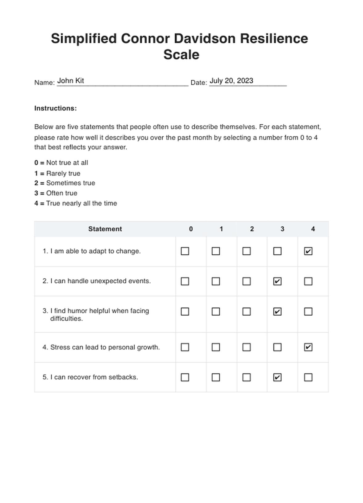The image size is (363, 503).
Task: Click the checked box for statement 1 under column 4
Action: point(308,251)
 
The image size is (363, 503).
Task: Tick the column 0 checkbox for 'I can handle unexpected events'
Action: point(185,281)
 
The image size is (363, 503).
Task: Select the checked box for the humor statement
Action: point(277,312)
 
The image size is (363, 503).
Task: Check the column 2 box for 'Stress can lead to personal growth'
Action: point(246,347)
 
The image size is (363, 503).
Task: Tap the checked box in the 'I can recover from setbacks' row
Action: point(277,377)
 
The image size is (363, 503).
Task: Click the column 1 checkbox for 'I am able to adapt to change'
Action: point(216,251)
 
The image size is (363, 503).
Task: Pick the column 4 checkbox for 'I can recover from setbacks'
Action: point(308,377)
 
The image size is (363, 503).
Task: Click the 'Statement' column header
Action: point(105,229)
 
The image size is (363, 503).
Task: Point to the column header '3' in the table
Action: point(282,229)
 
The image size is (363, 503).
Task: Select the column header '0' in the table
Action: point(191,229)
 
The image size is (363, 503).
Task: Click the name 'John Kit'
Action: point(71,81)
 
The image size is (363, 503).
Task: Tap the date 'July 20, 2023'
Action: point(231,81)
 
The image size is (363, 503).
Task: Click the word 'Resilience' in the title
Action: point(274,39)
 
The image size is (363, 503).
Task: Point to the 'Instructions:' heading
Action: point(56,108)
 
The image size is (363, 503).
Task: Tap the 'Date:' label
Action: point(198,83)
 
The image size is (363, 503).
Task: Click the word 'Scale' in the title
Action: point(181,55)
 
